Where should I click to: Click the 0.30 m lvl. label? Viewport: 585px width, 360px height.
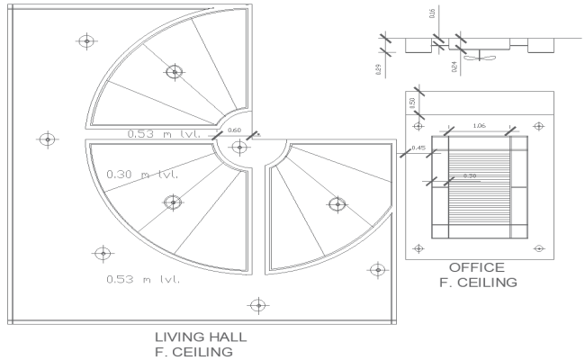142,174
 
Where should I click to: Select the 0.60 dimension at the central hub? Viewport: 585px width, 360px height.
234,131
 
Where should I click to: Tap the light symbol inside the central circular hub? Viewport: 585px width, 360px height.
238,148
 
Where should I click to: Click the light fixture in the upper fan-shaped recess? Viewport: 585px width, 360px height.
174,71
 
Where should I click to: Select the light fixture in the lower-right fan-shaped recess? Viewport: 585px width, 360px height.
337,204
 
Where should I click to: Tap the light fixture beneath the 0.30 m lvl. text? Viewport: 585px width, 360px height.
172,202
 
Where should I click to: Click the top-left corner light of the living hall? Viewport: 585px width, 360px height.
86,40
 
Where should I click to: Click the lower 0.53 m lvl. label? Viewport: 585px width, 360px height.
142,279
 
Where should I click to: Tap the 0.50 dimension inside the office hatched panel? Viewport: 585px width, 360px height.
469,175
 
